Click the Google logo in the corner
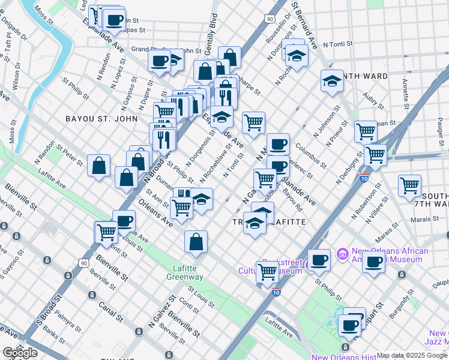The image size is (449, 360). pyautogui.click(x=20, y=353)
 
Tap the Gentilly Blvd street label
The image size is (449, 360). pyautogui.click(x=212, y=25)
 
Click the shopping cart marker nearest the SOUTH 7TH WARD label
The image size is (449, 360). pyautogui.click(x=409, y=185)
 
